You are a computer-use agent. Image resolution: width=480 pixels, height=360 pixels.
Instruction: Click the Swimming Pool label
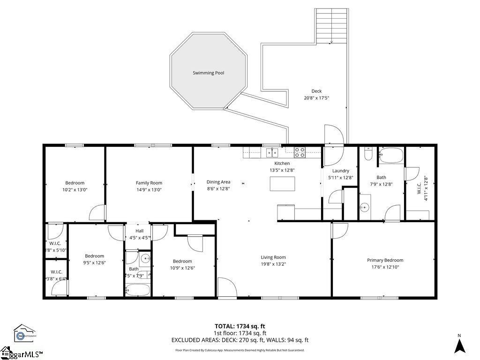[x=208, y=73]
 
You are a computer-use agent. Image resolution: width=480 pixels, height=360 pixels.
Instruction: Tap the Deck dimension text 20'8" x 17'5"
[x=316, y=98]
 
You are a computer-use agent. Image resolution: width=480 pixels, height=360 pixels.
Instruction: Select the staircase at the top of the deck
[x=332, y=26]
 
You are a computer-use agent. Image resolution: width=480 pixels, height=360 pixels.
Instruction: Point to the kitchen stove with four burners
[x=300, y=151]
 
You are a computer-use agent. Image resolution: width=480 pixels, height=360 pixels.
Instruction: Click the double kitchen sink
[x=271, y=151]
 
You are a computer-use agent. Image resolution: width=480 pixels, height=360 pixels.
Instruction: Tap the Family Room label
[x=149, y=183]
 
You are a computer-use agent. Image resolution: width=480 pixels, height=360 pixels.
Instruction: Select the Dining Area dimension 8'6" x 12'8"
[x=218, y=188]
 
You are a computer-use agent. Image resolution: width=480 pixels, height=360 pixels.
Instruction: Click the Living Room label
[x=273, y=257]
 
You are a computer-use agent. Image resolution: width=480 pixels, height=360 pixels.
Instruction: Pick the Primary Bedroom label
[x=385, y=260]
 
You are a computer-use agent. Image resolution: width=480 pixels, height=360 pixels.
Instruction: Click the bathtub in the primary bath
[x=391, y=155]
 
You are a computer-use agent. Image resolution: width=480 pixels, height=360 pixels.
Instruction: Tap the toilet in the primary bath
[x=368, y=154]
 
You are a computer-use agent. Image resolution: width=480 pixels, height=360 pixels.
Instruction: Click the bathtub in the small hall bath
[x=138, y=289]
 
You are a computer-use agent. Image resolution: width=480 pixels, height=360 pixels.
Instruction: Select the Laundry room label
[x=340, y=171]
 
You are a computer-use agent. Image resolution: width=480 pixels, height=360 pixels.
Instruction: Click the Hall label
[x=140, y=231]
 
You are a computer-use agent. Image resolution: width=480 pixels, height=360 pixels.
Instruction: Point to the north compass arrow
[x=460, y=345]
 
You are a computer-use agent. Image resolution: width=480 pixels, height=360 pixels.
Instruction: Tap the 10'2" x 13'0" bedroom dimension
[x=75, y=189]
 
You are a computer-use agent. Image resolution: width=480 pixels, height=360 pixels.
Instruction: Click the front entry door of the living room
[x=227, y=288]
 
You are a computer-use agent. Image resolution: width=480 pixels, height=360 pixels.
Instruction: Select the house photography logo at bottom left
[x=24, y=333]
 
